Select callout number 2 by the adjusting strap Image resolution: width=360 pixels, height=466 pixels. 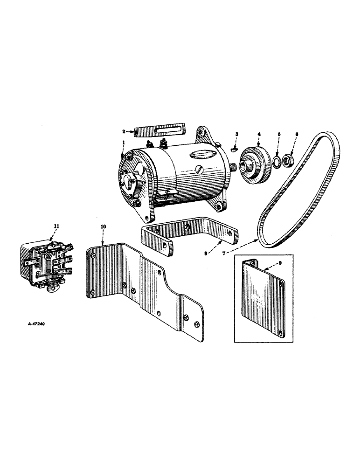[x=124, y=132]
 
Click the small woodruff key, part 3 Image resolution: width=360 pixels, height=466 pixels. [x=235, y=149]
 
